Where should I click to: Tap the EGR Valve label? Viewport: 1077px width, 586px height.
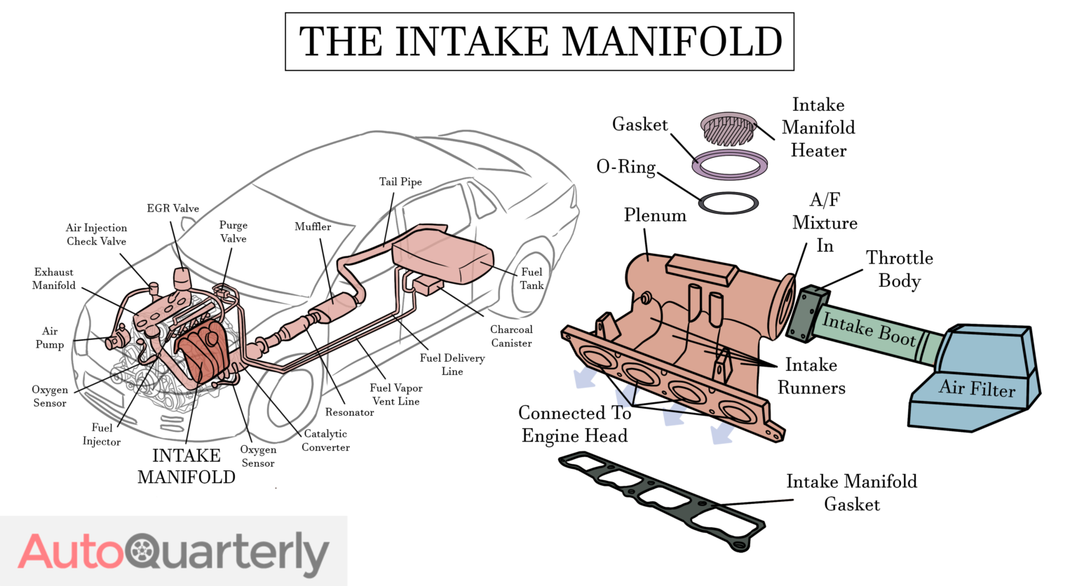[172, 208]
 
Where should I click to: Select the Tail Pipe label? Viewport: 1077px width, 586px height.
[400, 182]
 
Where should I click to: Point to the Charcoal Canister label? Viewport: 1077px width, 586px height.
[511, 336]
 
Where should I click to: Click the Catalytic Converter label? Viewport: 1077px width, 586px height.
[325, 440]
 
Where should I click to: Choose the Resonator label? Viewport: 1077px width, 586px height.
[349, 412]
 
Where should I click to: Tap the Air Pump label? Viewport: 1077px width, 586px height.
[49, 337]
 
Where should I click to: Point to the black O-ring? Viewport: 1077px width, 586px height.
[729, 203]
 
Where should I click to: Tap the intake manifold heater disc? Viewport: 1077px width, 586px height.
[729, 128]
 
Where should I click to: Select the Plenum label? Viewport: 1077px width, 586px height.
[655, 215]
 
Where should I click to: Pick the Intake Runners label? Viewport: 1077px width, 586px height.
[811, 376]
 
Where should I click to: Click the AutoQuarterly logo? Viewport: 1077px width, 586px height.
[173, 552]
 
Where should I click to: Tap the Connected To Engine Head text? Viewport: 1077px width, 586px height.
[574, 424]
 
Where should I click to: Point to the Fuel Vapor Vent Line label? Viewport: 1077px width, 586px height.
[395, 394]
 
